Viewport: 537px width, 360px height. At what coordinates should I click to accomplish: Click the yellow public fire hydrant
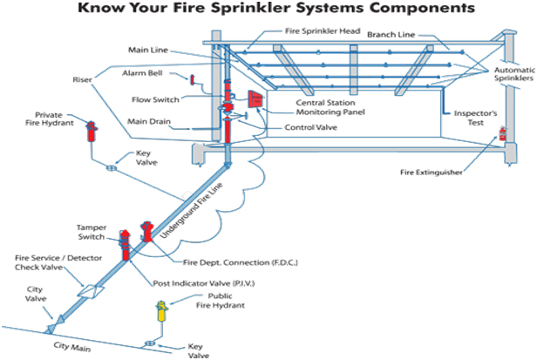tap(161, 311)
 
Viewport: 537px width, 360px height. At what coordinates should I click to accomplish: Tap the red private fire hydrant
tap(91, 132)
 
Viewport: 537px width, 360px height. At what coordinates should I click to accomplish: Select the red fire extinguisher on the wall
tap(502, 133)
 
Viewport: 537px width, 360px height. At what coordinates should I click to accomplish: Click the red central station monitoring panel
tap(255, 99)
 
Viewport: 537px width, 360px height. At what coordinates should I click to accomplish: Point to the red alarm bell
tap(192, 80)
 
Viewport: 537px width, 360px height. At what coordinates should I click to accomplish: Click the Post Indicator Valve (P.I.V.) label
tap(204, 283)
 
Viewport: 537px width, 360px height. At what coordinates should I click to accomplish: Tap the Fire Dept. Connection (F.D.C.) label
tap(241, 262)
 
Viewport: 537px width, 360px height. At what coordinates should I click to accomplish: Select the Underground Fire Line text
tap(191, 211)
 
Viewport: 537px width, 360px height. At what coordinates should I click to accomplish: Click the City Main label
tap(72, 346)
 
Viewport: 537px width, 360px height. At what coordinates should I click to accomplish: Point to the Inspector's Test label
tap(475, 118)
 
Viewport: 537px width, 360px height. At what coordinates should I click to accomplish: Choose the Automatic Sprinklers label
tap(514, 74)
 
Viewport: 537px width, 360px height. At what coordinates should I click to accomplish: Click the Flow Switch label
tap(155, 99)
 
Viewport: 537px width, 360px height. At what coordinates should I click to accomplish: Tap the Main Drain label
tap(149, 122)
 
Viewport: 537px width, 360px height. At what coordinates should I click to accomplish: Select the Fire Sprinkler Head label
tap(323, 31)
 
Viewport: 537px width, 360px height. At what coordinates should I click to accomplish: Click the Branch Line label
tap(391, 35)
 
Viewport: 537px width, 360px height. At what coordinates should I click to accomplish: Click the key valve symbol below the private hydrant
tap(112, 168)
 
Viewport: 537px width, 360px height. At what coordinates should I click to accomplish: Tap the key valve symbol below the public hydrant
tap(150, 343)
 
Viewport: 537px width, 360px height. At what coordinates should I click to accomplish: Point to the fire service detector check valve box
tap(91, 291)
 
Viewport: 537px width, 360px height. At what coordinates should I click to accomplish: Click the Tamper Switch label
tap(92, 232)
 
